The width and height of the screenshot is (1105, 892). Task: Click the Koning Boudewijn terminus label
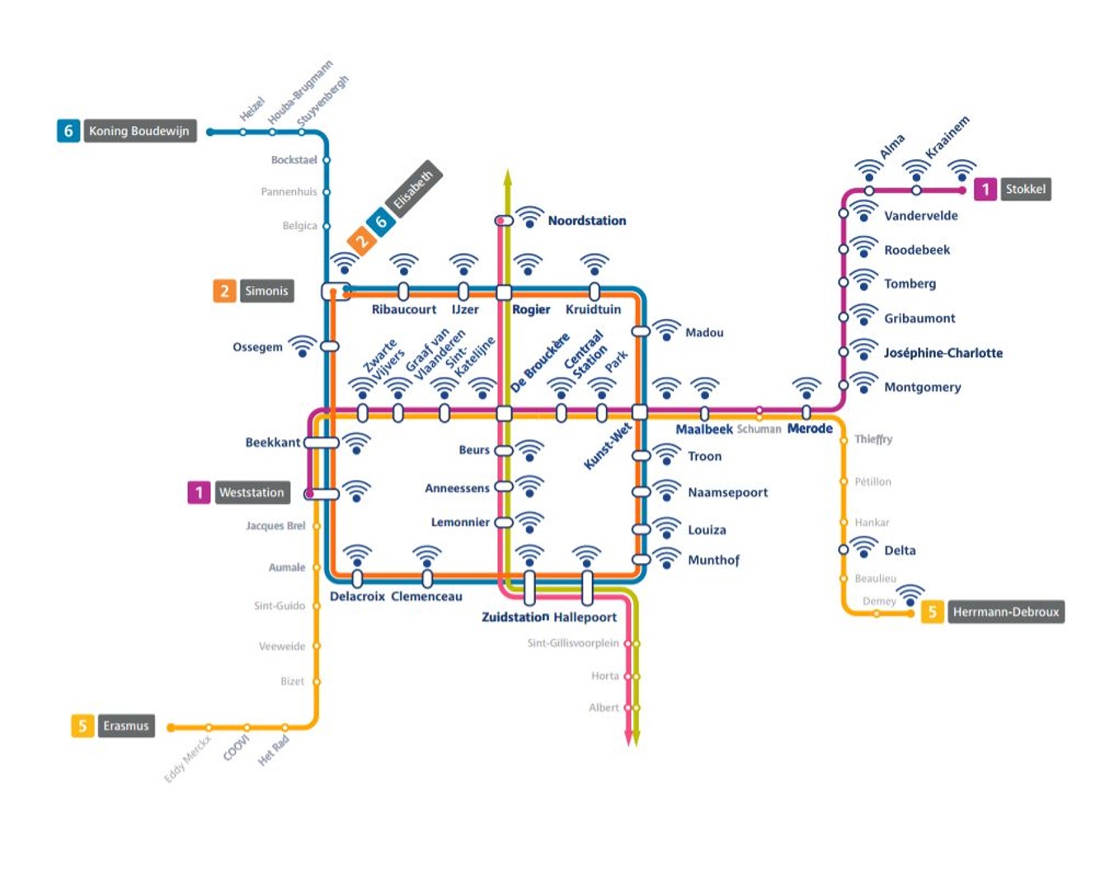[x=139, y=131]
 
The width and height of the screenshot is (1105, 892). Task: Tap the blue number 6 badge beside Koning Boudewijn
[x=68, y=131]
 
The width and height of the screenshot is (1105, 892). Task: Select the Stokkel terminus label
[x=1025, y=190]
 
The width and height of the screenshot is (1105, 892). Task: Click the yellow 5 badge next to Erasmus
[x=82, y=725]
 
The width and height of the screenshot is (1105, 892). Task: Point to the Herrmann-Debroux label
[x=1005, y=612]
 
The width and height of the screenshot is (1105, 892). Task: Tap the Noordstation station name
[x=586, y=221]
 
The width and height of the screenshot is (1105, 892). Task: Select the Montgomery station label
[x=922, y=387]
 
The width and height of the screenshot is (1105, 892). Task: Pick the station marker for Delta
[x=844, y=550]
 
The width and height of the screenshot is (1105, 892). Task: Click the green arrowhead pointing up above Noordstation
[x=508, y=176]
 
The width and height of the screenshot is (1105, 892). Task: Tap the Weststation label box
[x=252, y=493]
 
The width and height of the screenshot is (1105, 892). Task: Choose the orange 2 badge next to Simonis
[x=224, y=291]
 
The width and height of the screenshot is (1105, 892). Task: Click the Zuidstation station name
[x=515, y=617]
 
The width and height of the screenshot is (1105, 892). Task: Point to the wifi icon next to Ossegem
[x=303, y=346]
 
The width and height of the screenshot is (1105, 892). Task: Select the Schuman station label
[x=759, y=430]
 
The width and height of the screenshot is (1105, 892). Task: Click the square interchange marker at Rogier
[x=504, y=293]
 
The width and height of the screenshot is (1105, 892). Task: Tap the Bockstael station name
[x=294, y=160]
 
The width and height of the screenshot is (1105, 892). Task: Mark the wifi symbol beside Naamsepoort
[x=666, y=491]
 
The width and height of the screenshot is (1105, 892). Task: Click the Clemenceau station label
[x=426, y=597]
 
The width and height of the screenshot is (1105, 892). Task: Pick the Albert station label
[x=604, y=708]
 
